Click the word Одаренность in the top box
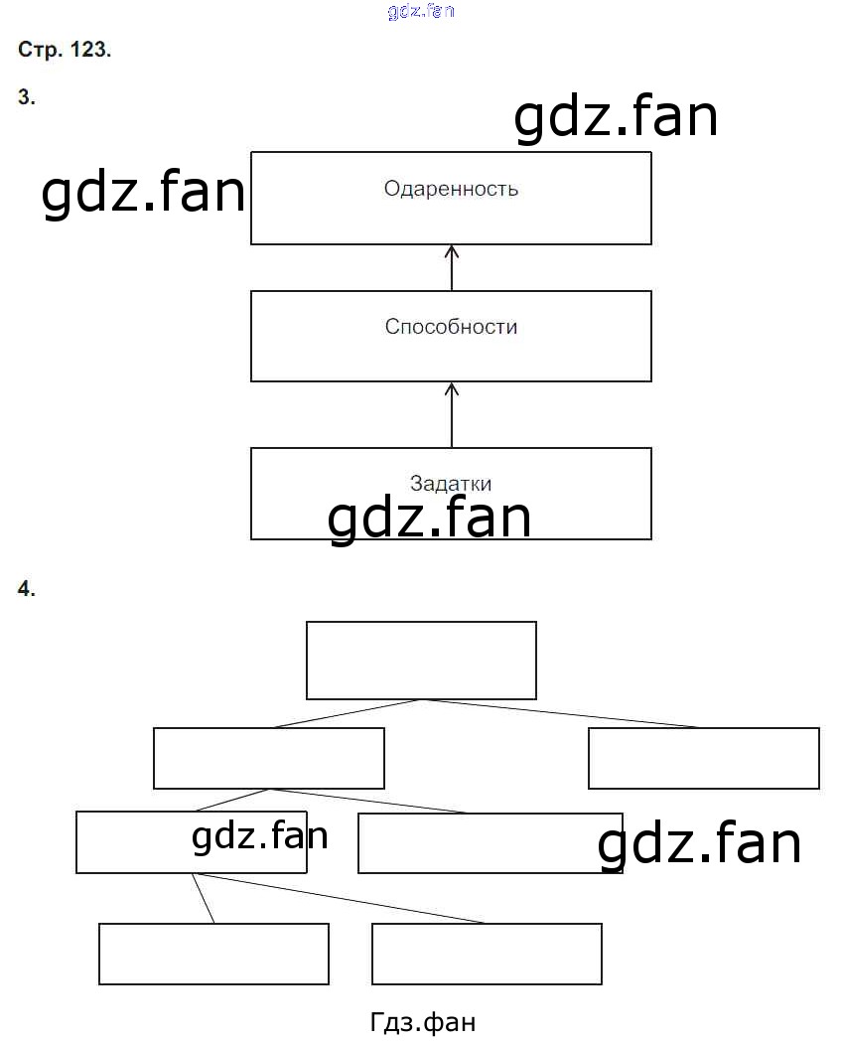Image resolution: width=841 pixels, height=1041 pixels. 451,189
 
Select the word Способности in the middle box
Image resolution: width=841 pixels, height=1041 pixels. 451,327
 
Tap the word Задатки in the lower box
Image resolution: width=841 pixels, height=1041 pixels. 451,484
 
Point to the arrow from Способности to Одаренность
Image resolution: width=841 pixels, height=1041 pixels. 452,267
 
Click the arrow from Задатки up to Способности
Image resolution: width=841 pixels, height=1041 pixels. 452,414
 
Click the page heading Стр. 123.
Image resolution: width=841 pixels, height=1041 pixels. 65,51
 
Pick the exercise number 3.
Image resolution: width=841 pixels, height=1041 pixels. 27,97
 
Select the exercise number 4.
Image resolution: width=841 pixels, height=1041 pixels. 27,589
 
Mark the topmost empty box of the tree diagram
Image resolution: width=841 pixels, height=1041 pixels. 421,661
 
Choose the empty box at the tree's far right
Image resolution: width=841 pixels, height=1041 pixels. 703,758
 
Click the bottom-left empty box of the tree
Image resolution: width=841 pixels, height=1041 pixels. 213,954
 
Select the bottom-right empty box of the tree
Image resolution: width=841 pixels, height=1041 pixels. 487,954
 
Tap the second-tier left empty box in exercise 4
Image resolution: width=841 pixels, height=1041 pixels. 268,758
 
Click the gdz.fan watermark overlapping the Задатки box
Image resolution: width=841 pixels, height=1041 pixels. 429,519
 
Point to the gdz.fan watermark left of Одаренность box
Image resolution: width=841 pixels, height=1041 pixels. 143,193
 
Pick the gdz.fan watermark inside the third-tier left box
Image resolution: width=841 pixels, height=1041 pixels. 259,837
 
